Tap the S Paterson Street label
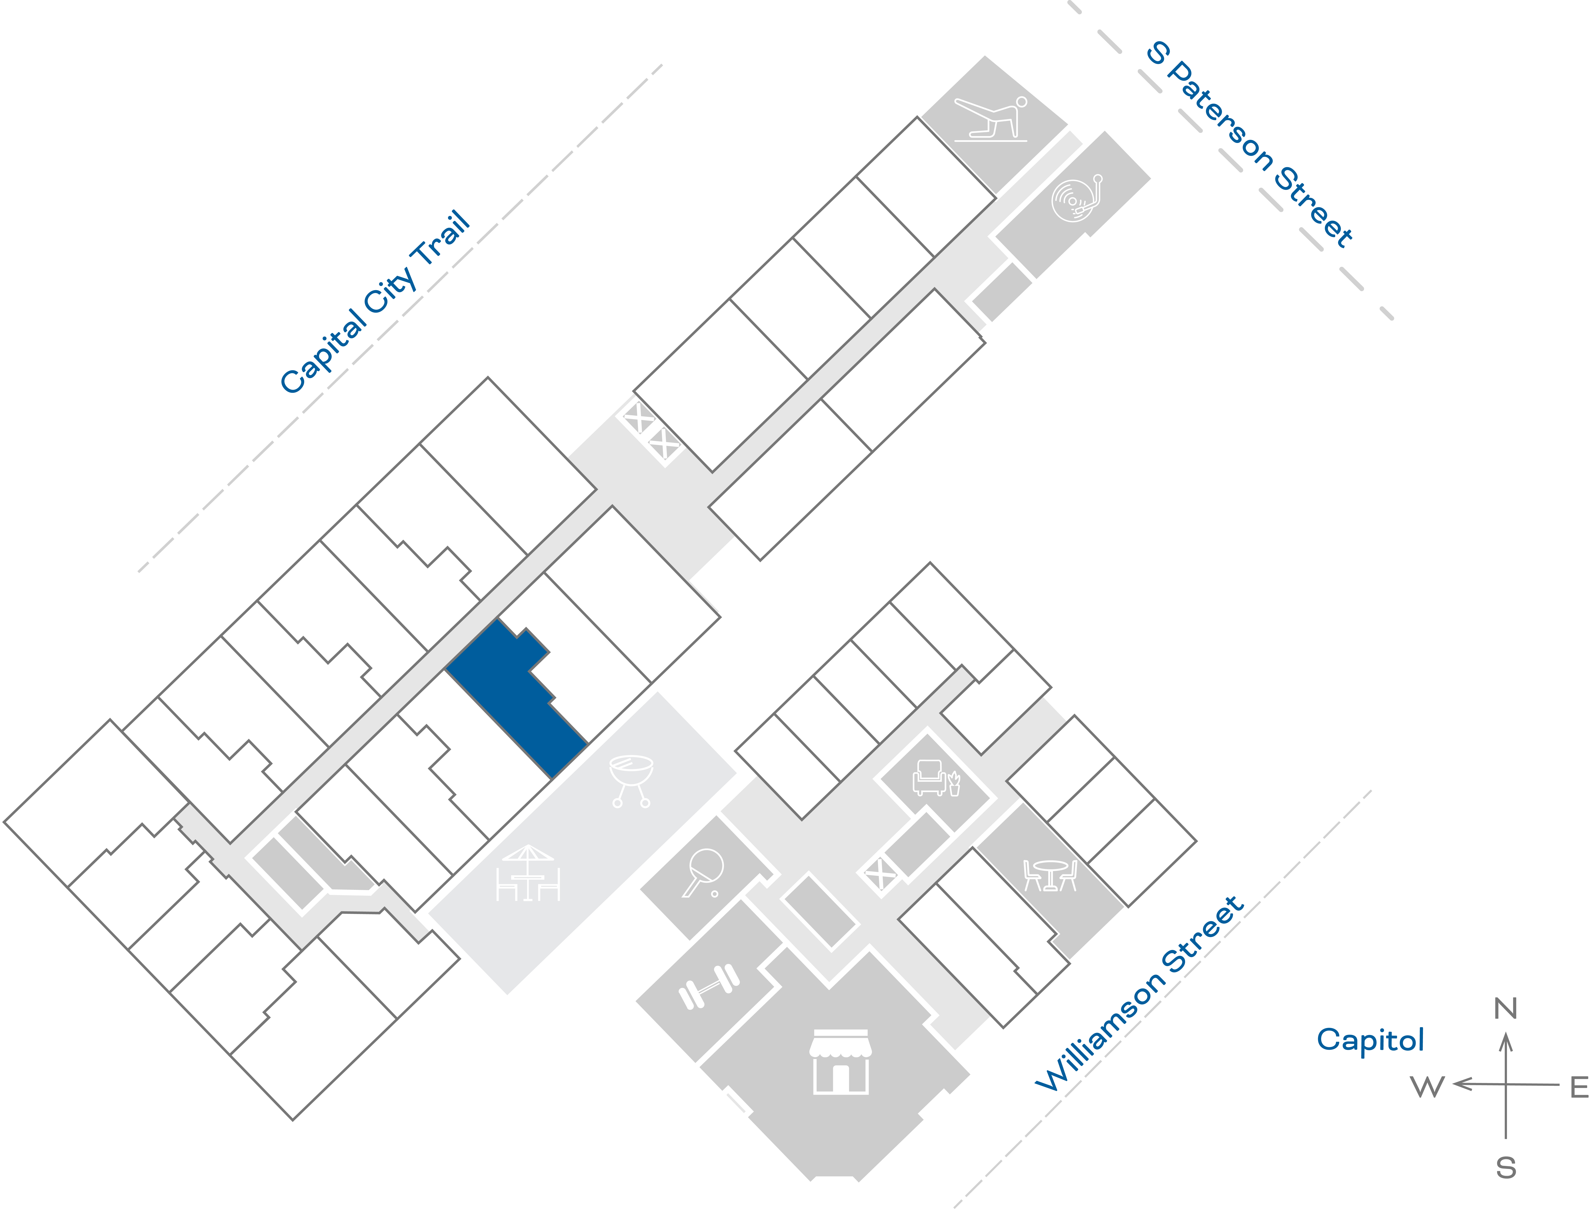tap(1249, 144)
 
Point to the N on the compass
tap(1506, 1009)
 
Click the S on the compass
tap(1506, 1168)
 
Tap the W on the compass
tap(1427, 1087)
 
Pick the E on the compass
tap(1579, 1087)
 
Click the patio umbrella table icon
tap(528, 873)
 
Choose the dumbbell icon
tap(709, 986)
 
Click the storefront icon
tap(840, 1061)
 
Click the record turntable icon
tap(1077, 198)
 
